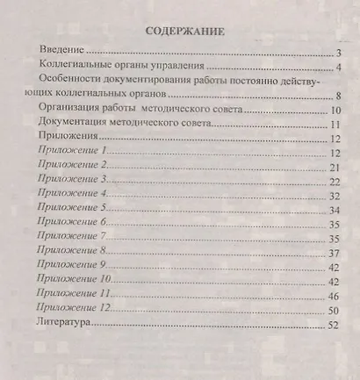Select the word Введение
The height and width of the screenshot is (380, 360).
tap(66, 54)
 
